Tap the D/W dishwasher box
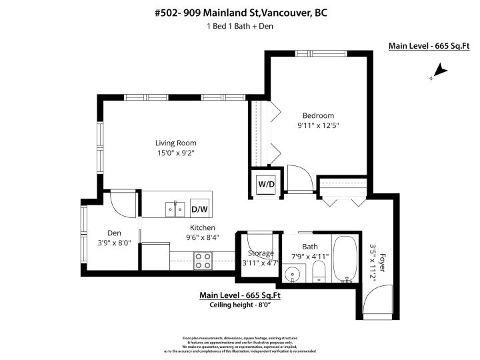[x=199, y=209]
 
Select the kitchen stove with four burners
[x=203, y=260]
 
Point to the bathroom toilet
[x=319, y=271]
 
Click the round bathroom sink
[x=293, y=274]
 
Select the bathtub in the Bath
[x=345, y=260]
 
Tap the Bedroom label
[x=318, y=115]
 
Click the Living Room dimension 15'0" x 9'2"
[x=176, y=153]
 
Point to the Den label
[x=114, y=233]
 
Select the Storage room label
[x=261, y=253]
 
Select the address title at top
[x=240, y=13]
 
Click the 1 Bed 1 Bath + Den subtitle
[x=240, y=27]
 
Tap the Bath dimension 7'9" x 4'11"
[x=309, y=256]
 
